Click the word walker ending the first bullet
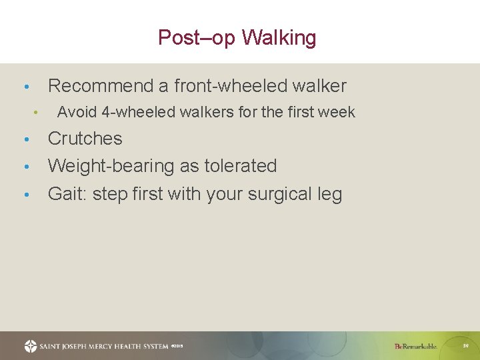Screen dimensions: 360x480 (x=321, y=86)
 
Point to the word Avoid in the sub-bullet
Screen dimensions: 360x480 (x=77, y=112)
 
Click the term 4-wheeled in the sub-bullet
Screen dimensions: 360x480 (x=133, y=112)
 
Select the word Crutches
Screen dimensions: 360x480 (x=85, y=139)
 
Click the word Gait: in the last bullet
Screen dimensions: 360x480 (x=67, y=194)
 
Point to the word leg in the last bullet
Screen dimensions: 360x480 (x=329, y=194)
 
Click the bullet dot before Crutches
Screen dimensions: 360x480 (x=25, y=139)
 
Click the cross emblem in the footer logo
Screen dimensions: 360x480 (x=31, y=346)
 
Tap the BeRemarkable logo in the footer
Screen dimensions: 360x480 (x=415, y=346)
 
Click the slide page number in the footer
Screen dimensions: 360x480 (x=465, y=346)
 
